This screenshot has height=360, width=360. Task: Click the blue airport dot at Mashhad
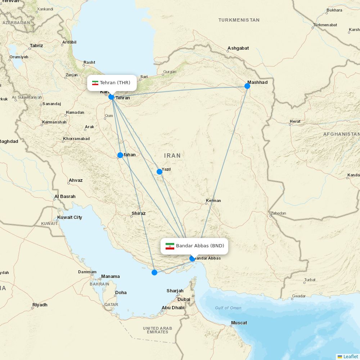point(247,86)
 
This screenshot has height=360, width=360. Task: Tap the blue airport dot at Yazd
point(159,171)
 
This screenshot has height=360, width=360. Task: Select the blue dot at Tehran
point(111,97)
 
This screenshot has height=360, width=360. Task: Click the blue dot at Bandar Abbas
point(192,258)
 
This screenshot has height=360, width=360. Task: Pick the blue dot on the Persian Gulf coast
point(154,272)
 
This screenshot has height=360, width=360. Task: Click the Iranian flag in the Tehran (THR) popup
point(95,83)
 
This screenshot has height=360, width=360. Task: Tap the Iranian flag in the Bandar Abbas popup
point(170,246)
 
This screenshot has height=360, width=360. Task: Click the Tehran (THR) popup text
point(115,83)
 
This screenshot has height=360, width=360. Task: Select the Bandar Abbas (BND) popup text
point(200,246)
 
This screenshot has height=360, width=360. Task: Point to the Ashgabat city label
point(238,48)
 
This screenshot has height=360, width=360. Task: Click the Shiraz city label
point(139,213)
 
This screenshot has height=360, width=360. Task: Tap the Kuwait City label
point(70,217)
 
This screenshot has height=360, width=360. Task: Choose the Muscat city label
point(239,323)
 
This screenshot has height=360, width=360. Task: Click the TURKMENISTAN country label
point(239,20)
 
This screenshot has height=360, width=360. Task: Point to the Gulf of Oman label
point(228,308)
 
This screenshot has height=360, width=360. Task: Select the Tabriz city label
point(36,46)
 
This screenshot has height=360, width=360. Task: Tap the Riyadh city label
point(40,305)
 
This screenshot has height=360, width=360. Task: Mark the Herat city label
point(295,121)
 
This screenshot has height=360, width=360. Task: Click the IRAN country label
point(172,156)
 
